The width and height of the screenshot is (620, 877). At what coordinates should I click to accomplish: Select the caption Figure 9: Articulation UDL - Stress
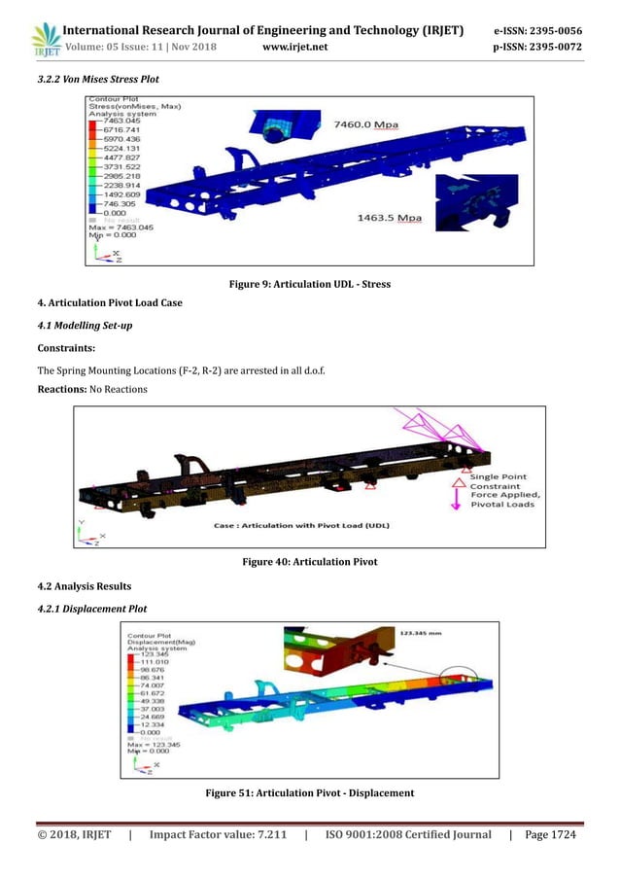click(x=309, y=284)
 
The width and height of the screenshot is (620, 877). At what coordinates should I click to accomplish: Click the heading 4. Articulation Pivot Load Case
click(x=107, y=302)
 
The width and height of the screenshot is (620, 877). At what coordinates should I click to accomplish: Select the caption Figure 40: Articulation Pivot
click(x=309, y=561)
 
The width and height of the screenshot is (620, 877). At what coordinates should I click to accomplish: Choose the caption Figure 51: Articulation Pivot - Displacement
click(x=309, y=793)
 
